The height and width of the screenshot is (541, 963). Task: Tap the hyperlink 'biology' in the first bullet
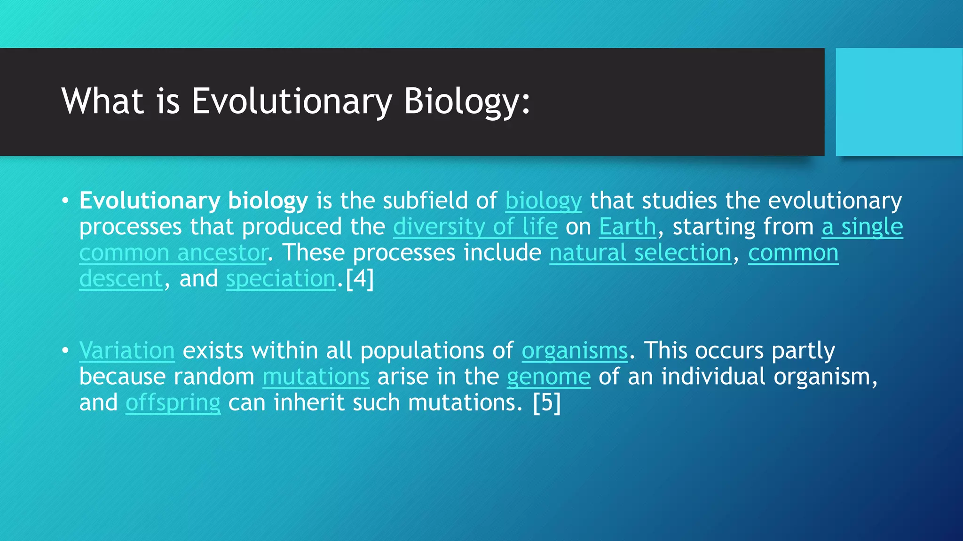[x=543, y=201]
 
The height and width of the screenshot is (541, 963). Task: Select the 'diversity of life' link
[x=475, y=227]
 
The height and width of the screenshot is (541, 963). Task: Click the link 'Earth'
[x=627, y=227]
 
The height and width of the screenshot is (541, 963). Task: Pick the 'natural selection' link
[x=640, y=253]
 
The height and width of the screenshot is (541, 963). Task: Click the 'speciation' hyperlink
[x=281, y=279]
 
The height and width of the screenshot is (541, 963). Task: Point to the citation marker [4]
[x=360, y=279]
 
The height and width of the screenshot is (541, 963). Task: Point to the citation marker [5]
[x=547, y=403]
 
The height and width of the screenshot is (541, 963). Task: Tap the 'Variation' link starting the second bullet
[x=127, y=351]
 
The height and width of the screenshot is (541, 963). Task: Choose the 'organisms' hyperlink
[x=575, y=351]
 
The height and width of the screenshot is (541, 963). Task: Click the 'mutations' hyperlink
[x=316, y=377]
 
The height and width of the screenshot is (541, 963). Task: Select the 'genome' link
[x=548, y=377]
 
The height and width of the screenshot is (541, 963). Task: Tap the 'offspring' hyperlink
[x=173, y=403]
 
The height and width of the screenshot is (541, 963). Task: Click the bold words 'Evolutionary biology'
[x=193, y=201]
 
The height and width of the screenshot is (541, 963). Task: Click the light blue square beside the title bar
[x=899, y=102]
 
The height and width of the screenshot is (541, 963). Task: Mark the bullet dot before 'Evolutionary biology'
[x=65, y=201]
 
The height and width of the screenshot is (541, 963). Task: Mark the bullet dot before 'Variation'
[x=65, y=351]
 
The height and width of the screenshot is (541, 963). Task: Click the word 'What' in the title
[x=103, y=101]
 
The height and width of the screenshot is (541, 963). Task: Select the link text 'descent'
[x=120, y=279]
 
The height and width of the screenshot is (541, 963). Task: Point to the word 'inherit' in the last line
[x=309, y=403]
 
